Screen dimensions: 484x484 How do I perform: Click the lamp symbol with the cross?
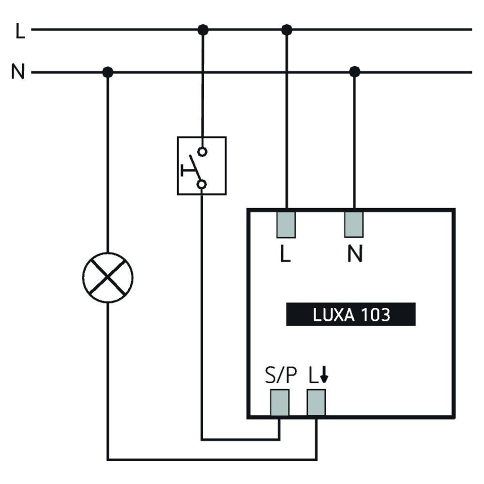(107, 278)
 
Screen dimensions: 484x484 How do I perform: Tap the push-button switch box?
(201, 166)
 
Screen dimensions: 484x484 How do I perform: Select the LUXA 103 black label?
(351, 315)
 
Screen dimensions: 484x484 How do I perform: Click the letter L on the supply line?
(20, 31)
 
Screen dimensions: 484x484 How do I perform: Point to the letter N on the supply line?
(18, 73)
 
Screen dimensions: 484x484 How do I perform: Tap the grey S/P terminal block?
(279, 402)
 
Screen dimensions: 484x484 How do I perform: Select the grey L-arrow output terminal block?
(316, 402)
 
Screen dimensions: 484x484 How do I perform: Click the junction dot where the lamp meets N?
(107, 73)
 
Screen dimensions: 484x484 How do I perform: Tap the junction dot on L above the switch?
(203, 30)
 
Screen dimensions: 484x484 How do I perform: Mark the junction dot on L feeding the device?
(287, 30)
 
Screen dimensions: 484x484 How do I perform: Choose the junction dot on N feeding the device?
(354, 72)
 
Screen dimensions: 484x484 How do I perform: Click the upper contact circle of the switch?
(202, 151)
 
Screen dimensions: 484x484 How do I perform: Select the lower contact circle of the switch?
(202, 184)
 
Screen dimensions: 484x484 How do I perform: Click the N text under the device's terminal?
(355, 255)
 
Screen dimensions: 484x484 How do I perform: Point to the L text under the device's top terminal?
(286, 255)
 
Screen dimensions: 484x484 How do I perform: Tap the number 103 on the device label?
(375, 315)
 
